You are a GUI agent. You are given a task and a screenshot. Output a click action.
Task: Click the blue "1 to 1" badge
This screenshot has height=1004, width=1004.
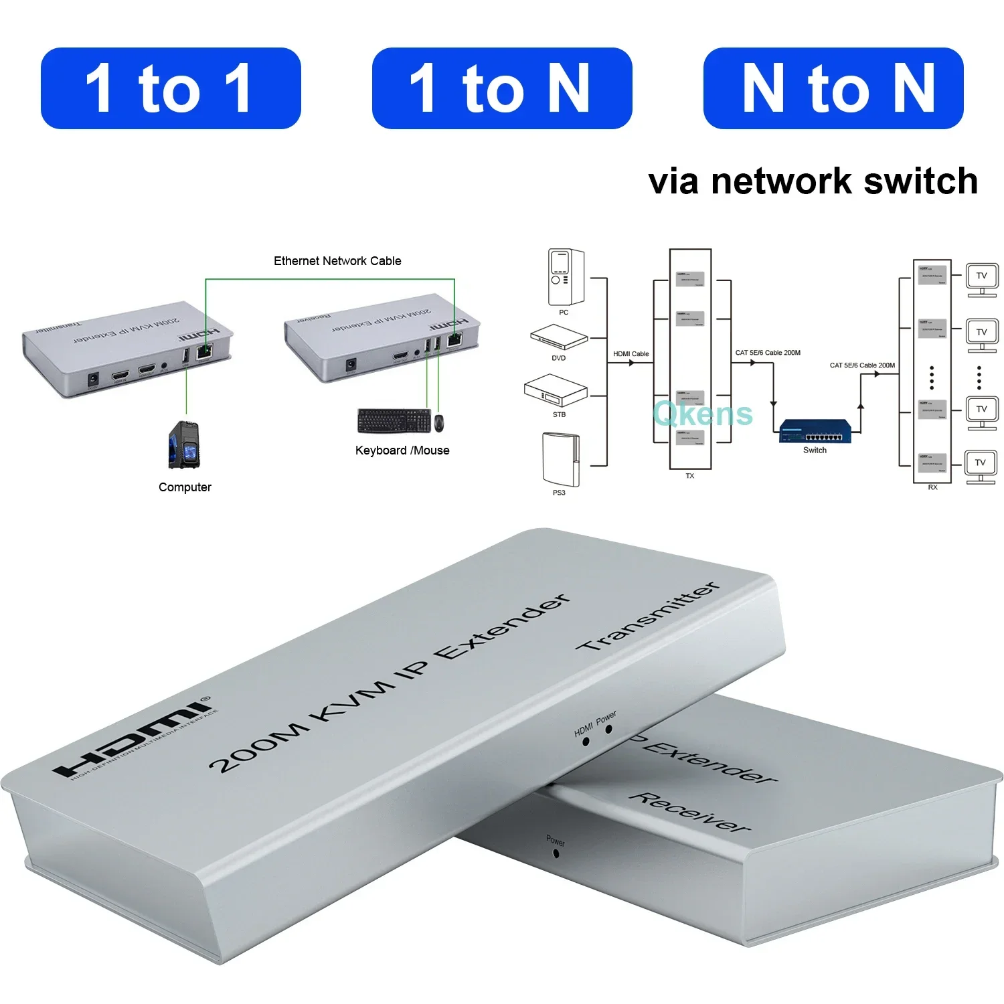click(x=171, y=88)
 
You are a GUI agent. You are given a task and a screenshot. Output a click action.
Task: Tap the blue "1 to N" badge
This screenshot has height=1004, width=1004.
click(x=501, y=88)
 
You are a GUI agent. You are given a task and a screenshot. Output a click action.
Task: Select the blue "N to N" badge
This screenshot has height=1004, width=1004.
click(x=833, y=88)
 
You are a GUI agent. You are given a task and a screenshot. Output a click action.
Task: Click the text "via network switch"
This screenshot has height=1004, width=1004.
click(x=813, y=181)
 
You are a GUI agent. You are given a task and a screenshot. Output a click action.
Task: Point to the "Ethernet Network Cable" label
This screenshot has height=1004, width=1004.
click(x=337, y=261)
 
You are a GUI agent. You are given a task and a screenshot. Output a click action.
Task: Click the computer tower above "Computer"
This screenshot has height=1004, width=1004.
click(x=184, y=444)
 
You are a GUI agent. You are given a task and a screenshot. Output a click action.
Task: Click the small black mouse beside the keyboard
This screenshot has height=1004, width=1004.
click(x=439, y=423)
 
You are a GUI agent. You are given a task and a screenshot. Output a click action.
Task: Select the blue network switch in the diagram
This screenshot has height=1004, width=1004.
click(x=815, y=431)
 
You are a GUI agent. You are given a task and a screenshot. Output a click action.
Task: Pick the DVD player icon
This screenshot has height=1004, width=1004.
click(x=559, y=337)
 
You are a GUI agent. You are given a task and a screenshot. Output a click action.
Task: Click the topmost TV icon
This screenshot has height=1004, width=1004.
click(x=981, y=278)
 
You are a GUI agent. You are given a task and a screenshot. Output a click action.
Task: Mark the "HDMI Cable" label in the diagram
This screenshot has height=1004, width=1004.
click(x=631, y=353)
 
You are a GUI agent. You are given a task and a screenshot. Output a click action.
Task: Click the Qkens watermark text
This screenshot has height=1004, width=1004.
click(x=703, y=413)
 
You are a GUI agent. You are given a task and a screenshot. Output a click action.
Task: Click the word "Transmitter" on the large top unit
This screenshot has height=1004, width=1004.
click(x=648, y=617)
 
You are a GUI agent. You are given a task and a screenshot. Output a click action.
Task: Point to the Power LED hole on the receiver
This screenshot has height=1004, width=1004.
click(x=556, y=853)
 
